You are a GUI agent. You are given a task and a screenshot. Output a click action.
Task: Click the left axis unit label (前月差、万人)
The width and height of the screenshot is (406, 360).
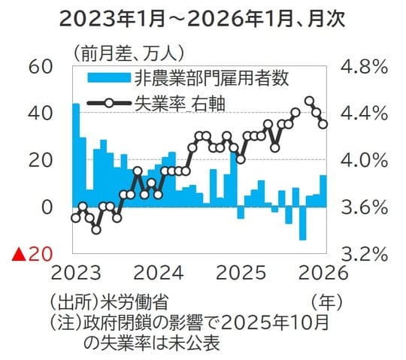pos(132,53)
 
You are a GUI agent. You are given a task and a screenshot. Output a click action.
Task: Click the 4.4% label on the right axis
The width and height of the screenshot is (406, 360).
pos(364,113)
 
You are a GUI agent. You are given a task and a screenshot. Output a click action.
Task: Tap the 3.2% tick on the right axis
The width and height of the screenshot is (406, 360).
pos(364,253)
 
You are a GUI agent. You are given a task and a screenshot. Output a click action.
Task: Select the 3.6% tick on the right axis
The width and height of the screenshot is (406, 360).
pos(364,206)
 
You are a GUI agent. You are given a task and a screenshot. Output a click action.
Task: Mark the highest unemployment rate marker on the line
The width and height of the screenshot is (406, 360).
pos(309,101)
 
